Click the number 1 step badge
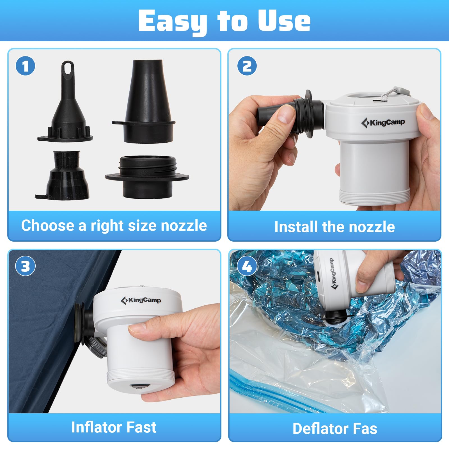point(25,66)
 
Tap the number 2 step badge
point(247,66)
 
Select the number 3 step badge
point(25,266)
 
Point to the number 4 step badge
point(247,266)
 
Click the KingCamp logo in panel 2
point(383,123)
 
